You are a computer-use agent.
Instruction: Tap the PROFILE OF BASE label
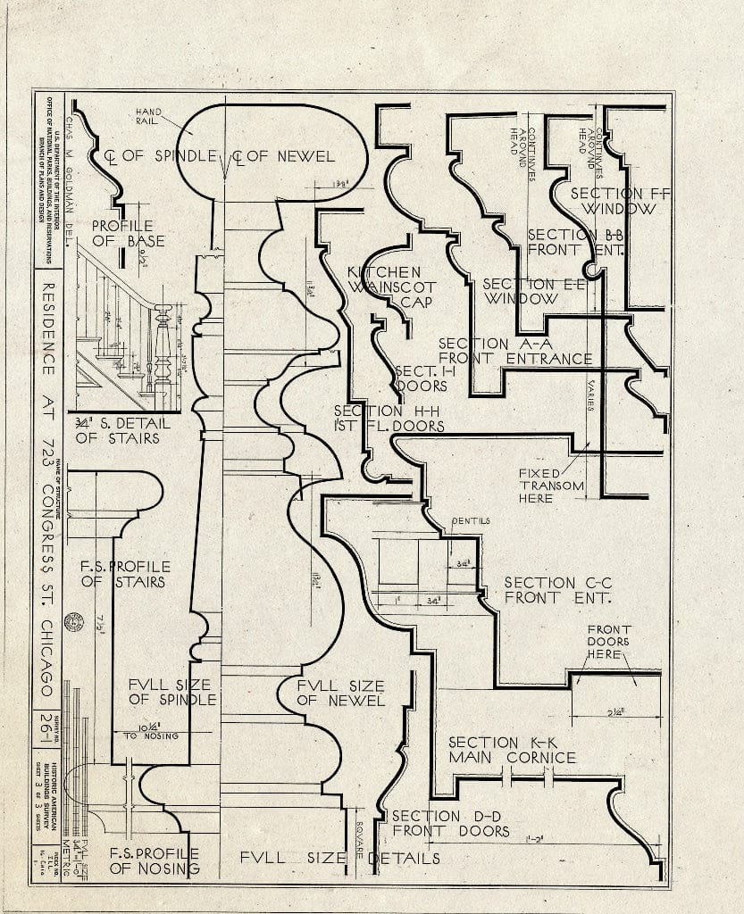coord(122,234)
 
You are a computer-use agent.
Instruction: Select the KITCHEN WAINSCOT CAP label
coord(391,287)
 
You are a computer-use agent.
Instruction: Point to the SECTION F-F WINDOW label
coord(619,201)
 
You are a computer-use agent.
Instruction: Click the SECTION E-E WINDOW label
coord(520,291)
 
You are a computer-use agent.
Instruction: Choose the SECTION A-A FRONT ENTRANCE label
coord(515,351)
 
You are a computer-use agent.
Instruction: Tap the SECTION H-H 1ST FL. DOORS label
coord(389,418)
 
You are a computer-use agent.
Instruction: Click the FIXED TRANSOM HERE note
coord(551,486)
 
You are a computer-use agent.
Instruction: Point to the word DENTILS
coord(471,520)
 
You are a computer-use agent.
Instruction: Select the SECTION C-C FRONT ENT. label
coord(557,590)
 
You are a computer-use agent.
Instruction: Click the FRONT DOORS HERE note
coord(608,641)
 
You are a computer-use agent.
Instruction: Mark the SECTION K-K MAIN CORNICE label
coord(512,750)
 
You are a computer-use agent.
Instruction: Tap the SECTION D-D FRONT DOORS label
coord(450,823)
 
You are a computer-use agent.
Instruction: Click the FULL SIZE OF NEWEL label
coord(340,693)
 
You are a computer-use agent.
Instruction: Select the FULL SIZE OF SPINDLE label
coord(171,692)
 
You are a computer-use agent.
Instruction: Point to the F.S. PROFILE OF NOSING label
coord(153,860)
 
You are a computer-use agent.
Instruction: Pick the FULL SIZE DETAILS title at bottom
coord(339,858)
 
